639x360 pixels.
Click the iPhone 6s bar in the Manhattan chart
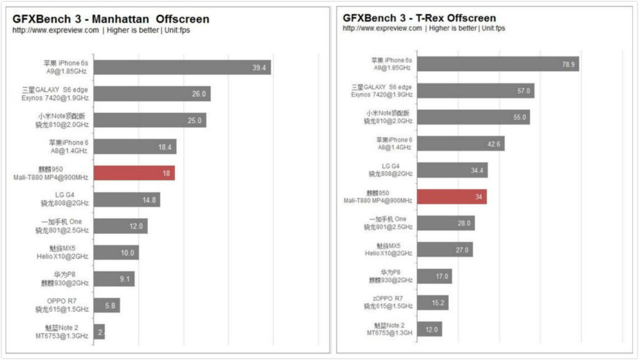[x=182, y=67]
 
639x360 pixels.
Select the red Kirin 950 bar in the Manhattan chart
[x=134, y=173]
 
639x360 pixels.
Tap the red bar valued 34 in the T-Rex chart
[x=452, y=197]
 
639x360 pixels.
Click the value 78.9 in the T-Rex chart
[x=568, y=64]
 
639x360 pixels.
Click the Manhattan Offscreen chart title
[x=111, y=19]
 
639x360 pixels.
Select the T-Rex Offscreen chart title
[x=419, y=18]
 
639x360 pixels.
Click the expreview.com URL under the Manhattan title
[x=55, y=30]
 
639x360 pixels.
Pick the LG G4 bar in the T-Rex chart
[x=452, y=170]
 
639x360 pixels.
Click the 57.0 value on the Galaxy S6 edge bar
[x=523, y=91]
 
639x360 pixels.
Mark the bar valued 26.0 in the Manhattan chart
[x=152, y=94]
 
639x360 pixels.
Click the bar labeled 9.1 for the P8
[x=114, y=279]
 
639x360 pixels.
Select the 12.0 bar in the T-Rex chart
[x=429, y=329]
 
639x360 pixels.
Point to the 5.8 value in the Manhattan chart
[x=110, y=305]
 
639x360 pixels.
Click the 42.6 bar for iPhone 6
[x=460, y=144]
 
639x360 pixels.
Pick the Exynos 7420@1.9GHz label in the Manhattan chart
[x=55, y=98]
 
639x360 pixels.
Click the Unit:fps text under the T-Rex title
[x=493, y=28]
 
